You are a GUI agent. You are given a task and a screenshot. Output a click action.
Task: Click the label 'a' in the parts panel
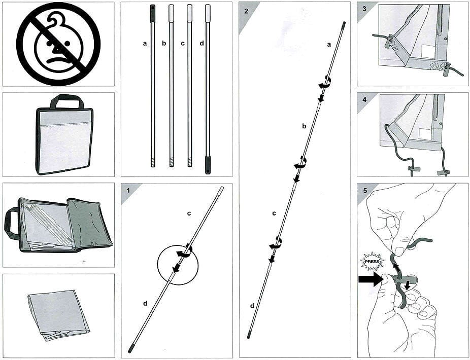145,44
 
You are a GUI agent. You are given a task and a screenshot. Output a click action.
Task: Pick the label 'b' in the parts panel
164,44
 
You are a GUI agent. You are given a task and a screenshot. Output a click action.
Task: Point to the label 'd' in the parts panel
202,44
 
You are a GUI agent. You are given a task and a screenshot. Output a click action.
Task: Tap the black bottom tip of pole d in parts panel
208,165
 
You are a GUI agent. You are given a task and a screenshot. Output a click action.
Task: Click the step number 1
128,190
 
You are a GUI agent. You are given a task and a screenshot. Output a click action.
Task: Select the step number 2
247,10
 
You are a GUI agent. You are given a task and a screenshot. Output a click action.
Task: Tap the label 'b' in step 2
304,126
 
